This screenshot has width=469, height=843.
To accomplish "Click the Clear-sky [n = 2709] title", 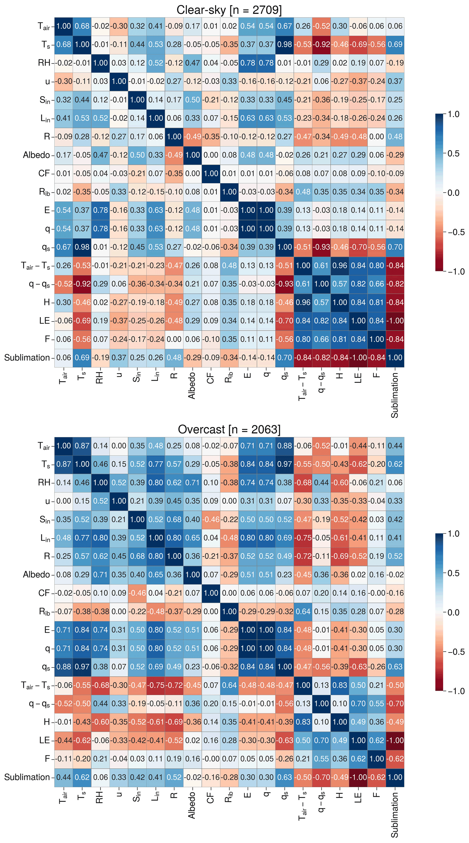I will (229, 10).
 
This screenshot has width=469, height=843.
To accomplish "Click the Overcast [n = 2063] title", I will (229, 429).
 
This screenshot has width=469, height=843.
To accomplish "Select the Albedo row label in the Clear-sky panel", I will (36, 155).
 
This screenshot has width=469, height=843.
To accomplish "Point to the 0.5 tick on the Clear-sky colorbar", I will (453, 153).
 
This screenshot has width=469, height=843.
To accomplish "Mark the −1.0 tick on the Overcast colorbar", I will (456, 691).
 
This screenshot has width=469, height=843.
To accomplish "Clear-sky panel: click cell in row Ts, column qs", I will (285, 44).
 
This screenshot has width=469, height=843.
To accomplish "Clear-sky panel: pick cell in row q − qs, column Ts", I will (82, 284).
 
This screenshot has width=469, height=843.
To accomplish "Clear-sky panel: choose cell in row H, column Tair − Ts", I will (303, 302).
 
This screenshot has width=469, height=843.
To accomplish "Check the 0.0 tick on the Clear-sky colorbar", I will (453, 193).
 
